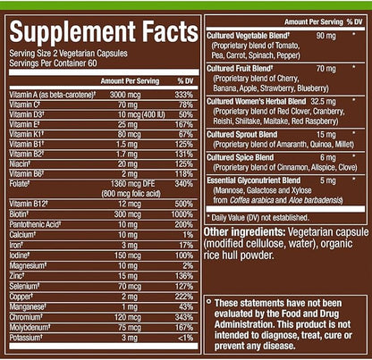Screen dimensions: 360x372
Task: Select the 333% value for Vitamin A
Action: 182,94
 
